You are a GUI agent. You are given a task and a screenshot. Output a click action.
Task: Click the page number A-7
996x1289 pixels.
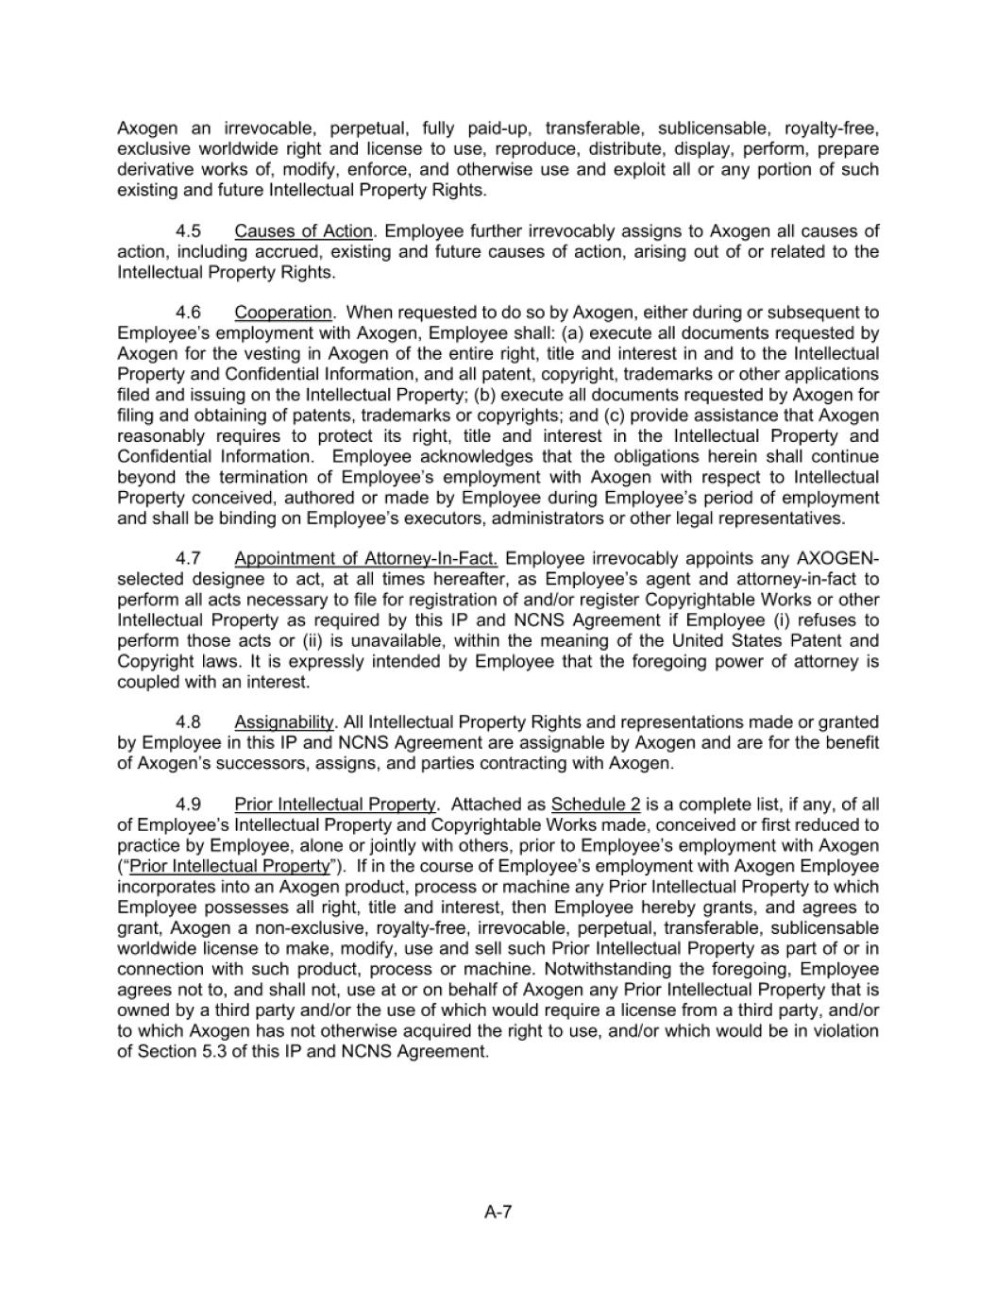coord(498,1213)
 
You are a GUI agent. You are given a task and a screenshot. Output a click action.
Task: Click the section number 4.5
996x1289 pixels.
coord(189,231)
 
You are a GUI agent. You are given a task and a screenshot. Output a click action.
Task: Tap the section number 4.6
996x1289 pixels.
coord(189,313)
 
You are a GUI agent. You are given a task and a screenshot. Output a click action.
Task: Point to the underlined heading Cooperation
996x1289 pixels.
coord(283,313)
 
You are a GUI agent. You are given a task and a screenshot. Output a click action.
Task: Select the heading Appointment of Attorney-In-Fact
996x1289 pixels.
coord(365,559)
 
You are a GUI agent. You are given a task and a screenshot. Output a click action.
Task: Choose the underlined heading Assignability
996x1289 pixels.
coord(284,722)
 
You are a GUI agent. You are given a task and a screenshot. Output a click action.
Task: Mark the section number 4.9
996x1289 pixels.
coord(189,805)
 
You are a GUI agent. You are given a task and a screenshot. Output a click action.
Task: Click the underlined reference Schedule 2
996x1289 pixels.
coord(596,805)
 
